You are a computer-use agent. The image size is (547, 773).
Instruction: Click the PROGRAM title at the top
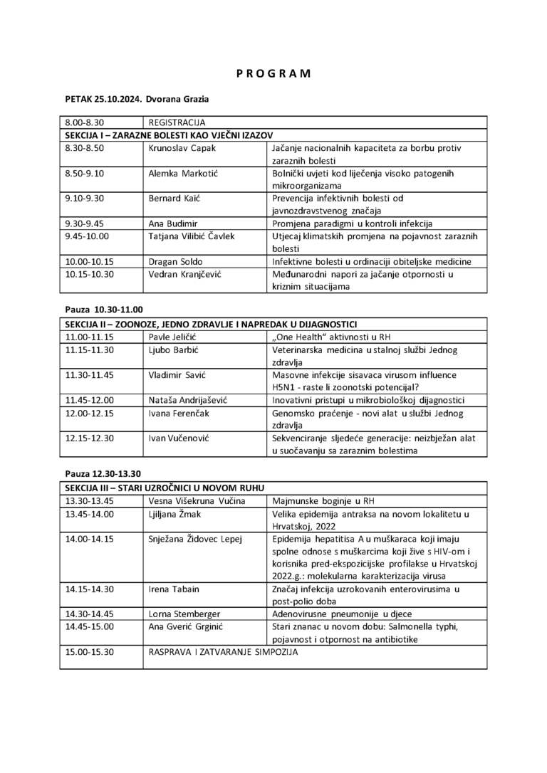(273, 73)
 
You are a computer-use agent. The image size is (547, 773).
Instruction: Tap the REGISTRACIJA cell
(177, 122)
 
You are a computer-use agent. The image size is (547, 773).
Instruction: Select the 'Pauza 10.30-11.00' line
(104, 310)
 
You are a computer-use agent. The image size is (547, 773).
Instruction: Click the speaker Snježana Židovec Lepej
(195, 538)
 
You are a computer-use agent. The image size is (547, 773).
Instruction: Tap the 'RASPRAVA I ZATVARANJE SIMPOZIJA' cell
(222, 651)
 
